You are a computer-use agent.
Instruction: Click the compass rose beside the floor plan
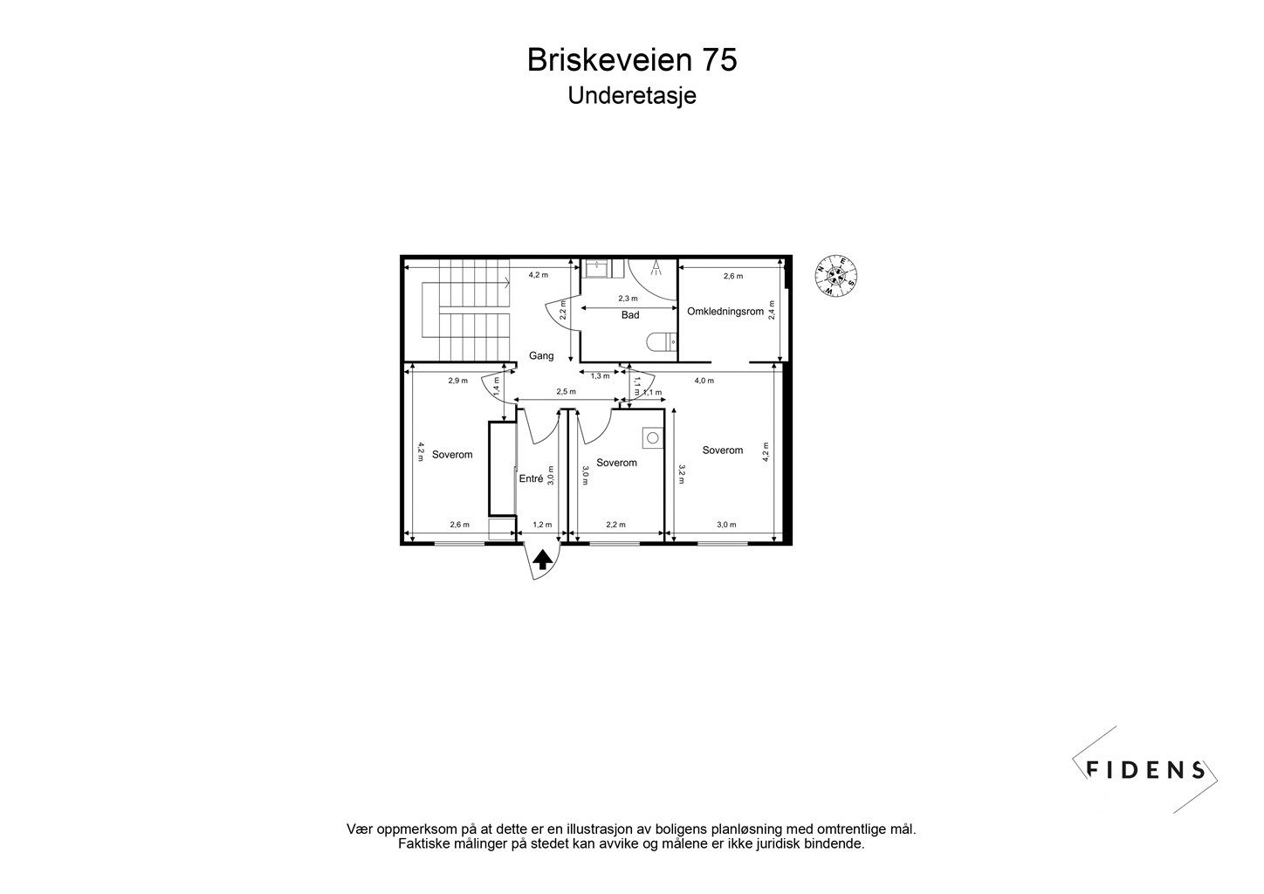coord(836,277)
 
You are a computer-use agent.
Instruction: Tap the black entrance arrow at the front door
coord(542,560)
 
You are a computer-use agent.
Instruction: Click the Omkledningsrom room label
coord(725,312)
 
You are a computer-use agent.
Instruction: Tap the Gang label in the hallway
coord(541,355)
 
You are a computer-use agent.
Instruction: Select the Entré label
coord(531,478)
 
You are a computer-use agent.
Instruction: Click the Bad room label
coord(630,315)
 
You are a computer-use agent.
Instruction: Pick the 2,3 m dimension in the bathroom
coord(629,299)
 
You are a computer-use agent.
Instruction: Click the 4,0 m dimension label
coord(704,381)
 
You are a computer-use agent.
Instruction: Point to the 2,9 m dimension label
coord(457,381)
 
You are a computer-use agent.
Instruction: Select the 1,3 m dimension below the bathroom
coord(600,376)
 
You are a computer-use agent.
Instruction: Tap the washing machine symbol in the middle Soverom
coord(651,436)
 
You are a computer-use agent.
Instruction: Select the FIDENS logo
coord(1144,769)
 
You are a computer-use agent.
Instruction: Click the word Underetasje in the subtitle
coord(631,95)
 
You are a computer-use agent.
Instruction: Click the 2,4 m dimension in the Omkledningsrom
coord(772,311)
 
